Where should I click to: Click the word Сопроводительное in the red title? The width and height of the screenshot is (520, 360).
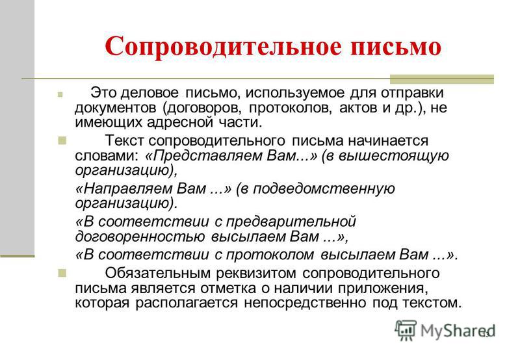coord(223,47)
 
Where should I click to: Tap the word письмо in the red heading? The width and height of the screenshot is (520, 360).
coord(396,47)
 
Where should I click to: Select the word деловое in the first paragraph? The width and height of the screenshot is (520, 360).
coord(149,93)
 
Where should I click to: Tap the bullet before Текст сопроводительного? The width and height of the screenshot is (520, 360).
coord(62,140)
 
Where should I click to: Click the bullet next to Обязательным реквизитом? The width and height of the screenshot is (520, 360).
coord(62,273)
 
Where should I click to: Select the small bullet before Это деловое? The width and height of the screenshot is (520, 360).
coord(60,94)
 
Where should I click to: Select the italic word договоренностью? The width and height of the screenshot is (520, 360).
coord(140,237)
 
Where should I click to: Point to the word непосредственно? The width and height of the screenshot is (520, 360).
coord(305,303)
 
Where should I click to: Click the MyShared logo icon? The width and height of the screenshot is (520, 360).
coord(406,330)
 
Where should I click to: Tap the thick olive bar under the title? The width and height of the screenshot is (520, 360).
coord(442,79)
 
